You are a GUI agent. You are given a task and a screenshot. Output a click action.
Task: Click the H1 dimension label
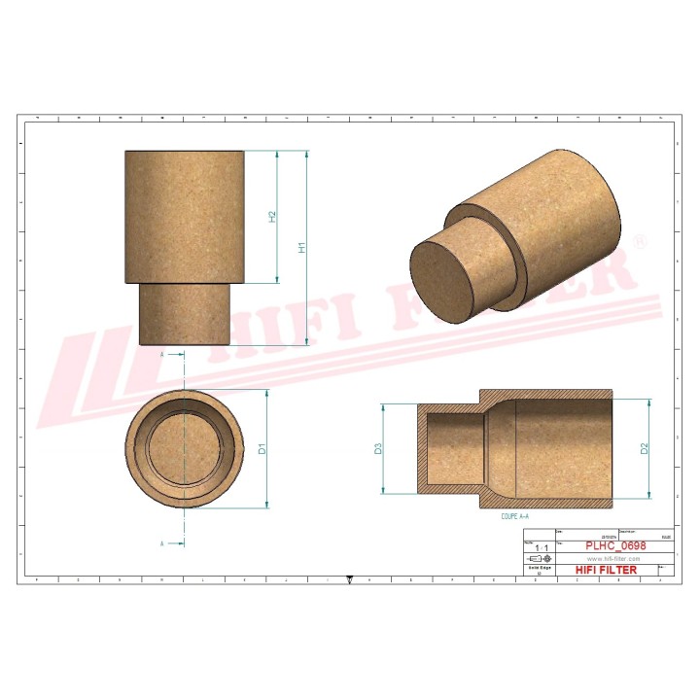[x=302, y=248]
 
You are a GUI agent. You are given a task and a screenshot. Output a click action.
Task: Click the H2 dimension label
[x=273, y=217]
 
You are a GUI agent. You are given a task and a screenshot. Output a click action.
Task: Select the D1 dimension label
[x=262, y=448]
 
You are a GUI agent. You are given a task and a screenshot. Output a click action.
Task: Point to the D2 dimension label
[x=644, y=448]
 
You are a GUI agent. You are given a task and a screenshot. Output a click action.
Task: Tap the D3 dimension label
[x=378, y=448]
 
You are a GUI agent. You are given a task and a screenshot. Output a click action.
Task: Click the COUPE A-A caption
[x=514, y=517]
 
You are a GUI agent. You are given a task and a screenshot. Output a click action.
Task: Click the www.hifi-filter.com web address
[x=612, y=559]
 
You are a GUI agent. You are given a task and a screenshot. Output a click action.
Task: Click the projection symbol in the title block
[x=537, y=560]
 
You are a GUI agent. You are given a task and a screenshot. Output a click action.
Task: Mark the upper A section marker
[x=161, y=356]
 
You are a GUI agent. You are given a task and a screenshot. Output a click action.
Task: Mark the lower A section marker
[x=161, y=542]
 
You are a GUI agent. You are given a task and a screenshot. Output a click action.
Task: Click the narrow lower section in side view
[x=185, y=314]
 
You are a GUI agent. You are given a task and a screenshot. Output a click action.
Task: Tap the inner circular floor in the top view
[x=185, y=449]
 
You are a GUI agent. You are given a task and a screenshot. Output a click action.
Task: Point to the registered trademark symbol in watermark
[x=639, y=240]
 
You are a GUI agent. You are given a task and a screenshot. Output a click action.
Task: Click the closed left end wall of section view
[x=423, y=448]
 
